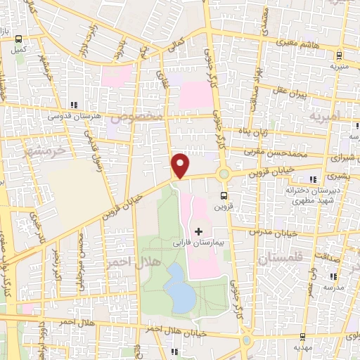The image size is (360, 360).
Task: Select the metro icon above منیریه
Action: [339, 55]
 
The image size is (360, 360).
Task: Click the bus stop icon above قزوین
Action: [224, 195]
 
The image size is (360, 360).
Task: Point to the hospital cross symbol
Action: [198, 231]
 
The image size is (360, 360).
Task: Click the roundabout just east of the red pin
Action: [224, 174]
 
